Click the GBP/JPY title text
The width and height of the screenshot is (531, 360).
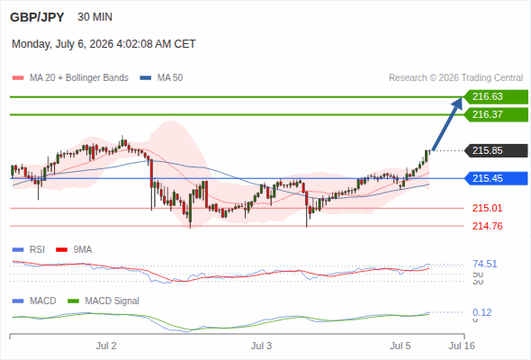pos(37,17)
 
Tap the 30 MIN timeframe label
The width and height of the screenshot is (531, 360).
pos(94,17)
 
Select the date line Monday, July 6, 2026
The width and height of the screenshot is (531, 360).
pos(103,44)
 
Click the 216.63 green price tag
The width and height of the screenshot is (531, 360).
pos(496,97)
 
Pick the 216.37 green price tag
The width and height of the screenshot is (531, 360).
pos(496,114)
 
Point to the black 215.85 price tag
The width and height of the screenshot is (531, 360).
pos(496,150)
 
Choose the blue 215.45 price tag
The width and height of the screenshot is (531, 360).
pos(496,178)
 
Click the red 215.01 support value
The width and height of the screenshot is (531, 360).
pos(487,208)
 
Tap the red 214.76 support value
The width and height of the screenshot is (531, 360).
pos(487,226)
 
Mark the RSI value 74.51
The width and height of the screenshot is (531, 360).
pos(484,264)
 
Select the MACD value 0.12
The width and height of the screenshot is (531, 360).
pos(481,312)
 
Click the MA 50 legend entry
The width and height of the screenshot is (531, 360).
pos(161,78)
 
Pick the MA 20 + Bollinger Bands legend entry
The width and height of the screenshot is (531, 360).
pos(70,78)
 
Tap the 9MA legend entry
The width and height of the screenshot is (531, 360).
pos(74,249)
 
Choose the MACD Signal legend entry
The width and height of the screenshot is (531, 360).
pos(103,301)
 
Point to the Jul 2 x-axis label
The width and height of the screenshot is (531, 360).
pos(106,346)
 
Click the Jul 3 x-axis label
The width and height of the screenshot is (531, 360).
pos(261,346)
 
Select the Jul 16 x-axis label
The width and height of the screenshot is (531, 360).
pos(462,346)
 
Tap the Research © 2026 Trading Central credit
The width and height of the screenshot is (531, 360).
pos(455,78)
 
